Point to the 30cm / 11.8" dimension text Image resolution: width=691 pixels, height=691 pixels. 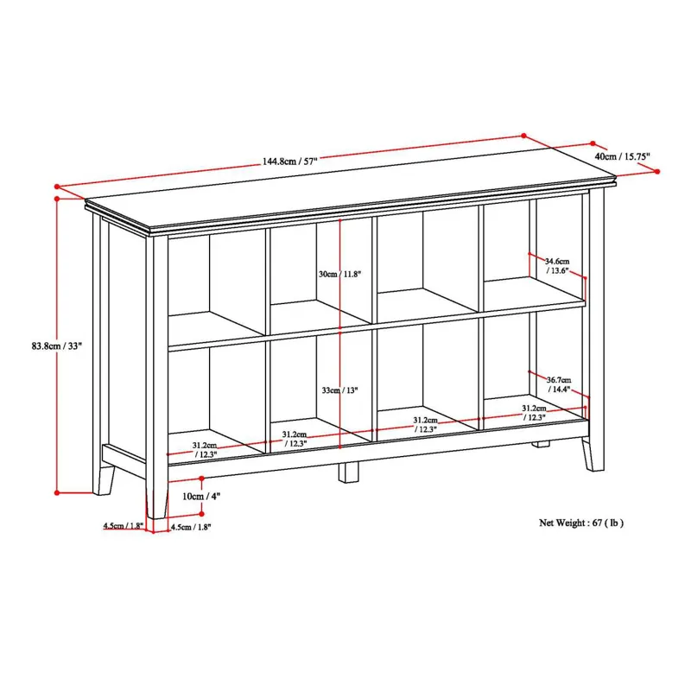[339, 274]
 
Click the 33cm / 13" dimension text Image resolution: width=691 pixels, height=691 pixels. [339, 390]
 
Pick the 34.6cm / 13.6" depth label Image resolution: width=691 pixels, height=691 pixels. [556, 264]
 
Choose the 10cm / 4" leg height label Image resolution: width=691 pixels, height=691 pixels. [201, 496]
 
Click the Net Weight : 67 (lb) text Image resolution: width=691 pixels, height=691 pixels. [581, 523]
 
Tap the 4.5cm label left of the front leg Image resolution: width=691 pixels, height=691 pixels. [122, 526]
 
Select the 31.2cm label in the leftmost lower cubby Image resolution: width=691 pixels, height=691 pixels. [205, 450]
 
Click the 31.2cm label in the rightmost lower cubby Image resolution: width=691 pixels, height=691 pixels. [534, 413]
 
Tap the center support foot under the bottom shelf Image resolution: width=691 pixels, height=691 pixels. [348, 472]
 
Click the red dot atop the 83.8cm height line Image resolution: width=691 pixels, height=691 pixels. [57, 199]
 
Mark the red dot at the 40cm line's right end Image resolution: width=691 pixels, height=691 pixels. [662, 173]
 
